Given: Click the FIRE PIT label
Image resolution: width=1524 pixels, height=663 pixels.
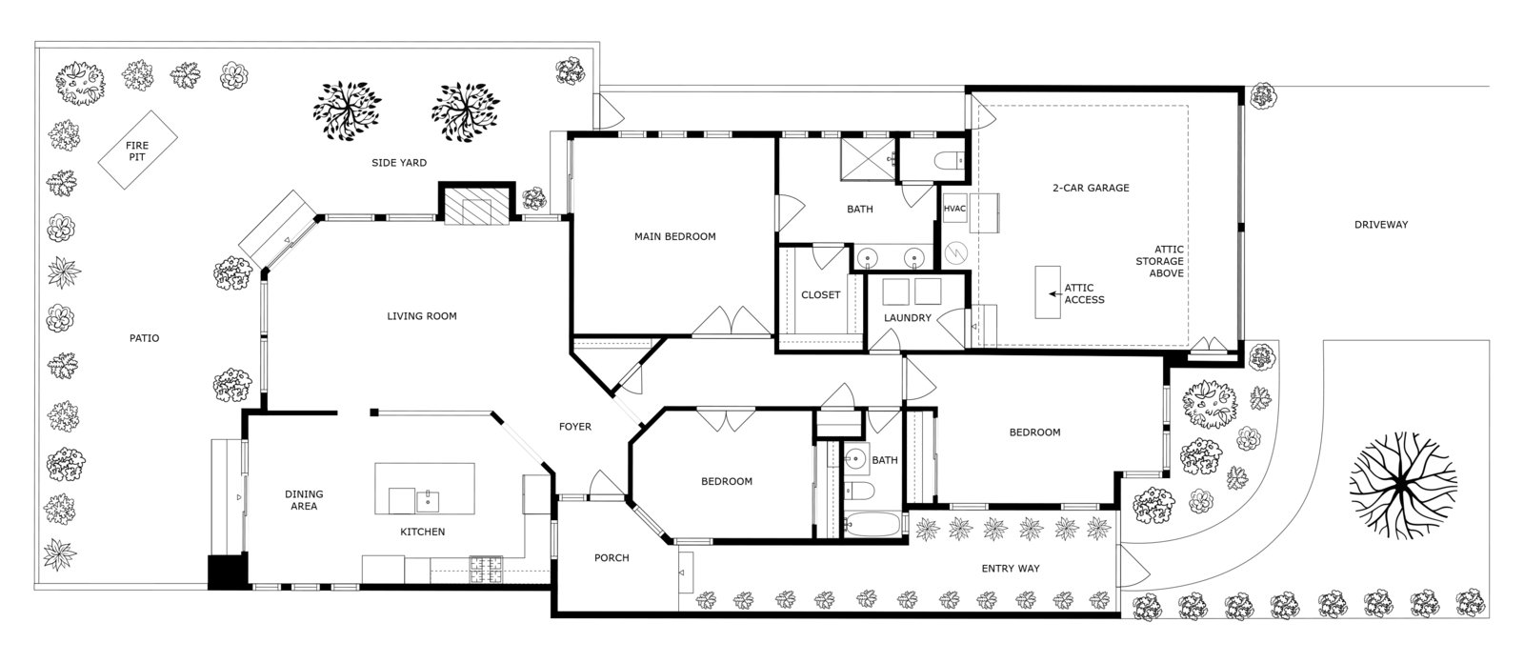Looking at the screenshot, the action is coord(137,151).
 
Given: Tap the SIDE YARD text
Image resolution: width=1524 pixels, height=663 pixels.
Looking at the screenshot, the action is coord(399,163).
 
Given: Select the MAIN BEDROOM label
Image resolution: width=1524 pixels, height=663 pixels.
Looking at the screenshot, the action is coord(675,237).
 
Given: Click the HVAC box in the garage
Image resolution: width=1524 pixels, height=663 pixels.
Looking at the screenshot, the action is coord(954,209).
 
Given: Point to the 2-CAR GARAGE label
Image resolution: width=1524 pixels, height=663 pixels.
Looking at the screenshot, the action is coord(1091,188).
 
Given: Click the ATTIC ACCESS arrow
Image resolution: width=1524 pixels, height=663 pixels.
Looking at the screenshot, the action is coord(1054,294).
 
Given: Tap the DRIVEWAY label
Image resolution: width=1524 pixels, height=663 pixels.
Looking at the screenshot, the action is coord(1381,225).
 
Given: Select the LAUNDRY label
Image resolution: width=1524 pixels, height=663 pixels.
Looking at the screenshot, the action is coord(908,318).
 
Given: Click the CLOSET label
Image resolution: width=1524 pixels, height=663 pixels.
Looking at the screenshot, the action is coord(820,294).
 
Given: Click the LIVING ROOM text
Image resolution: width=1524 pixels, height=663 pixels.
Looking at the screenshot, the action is coord(422,316).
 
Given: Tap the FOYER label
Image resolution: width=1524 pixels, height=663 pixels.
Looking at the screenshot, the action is coord(575,427).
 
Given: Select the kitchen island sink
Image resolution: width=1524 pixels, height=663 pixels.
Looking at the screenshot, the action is coord(428,501).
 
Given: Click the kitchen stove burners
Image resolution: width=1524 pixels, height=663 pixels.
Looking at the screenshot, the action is coord(486,571).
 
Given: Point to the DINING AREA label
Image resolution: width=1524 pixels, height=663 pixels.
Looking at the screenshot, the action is coord(304,500).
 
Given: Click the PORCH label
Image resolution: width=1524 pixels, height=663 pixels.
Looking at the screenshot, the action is coord(612,558).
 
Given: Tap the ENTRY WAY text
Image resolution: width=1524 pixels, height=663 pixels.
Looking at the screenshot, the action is coord(1011,569).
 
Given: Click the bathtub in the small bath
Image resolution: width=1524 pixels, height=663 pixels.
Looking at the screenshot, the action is coord(873,525).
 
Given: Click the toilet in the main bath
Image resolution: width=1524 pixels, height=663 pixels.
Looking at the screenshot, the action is coord(949,161).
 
